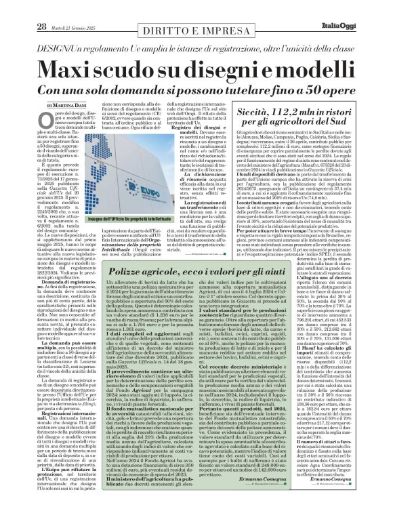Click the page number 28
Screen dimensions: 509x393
coord(22,8)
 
